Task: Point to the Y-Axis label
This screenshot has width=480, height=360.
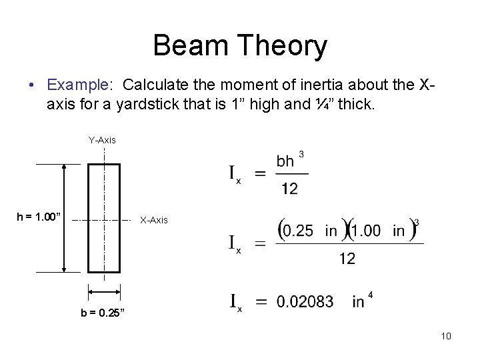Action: (102, 140)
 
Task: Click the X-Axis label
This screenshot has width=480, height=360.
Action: (153, 219)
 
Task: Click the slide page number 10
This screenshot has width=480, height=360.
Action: (446, 335)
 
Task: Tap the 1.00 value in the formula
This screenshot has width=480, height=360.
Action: (368, 231)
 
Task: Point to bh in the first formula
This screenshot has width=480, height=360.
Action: (285, 162)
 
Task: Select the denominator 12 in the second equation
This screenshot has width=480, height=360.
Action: (347, 258)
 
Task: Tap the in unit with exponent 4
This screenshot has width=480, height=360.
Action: (359, 303)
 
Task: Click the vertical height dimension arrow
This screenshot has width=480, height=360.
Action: (64, 218)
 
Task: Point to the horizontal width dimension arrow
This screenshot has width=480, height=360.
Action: (104, 291)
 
